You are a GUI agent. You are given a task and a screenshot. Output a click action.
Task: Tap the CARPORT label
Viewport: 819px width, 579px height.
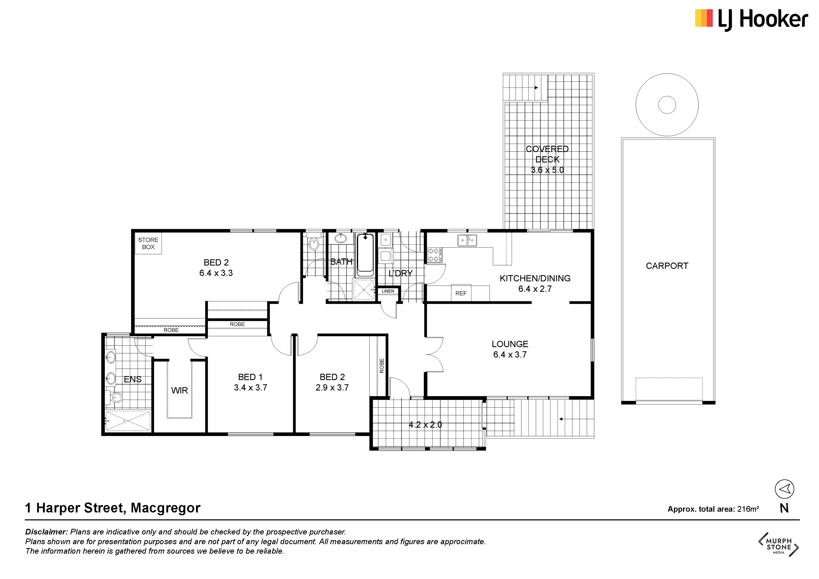point(667,266)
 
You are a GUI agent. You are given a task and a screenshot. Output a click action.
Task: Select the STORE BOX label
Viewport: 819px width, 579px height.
point(148,243)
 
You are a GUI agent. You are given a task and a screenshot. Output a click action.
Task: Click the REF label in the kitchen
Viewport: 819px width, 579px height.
point(461,293)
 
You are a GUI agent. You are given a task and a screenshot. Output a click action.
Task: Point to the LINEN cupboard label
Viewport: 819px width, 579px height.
point(388,291)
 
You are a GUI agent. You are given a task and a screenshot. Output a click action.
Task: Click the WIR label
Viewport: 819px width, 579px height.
point(179,390)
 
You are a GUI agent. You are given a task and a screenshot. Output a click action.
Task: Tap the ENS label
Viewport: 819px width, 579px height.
point(132,380)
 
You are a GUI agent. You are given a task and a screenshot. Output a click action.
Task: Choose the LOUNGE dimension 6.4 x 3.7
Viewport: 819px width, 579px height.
point(510,355)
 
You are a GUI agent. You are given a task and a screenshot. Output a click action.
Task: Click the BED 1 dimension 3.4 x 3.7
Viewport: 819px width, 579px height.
point(250,388)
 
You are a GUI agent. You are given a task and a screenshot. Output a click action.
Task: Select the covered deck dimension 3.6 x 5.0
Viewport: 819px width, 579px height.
point(547,170)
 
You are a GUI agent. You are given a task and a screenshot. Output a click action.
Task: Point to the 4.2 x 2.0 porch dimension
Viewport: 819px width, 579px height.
point(425,425)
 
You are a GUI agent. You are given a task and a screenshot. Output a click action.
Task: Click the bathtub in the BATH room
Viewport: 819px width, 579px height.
point(365,255)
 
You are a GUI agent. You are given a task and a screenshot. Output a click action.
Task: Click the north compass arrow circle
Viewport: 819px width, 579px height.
point(784,489)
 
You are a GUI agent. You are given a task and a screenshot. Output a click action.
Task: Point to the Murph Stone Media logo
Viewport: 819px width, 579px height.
point(779,544)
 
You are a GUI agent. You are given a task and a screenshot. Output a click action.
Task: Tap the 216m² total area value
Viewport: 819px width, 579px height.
point(748,509)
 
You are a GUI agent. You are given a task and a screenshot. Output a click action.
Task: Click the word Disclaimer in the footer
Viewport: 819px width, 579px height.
point(46,532)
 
